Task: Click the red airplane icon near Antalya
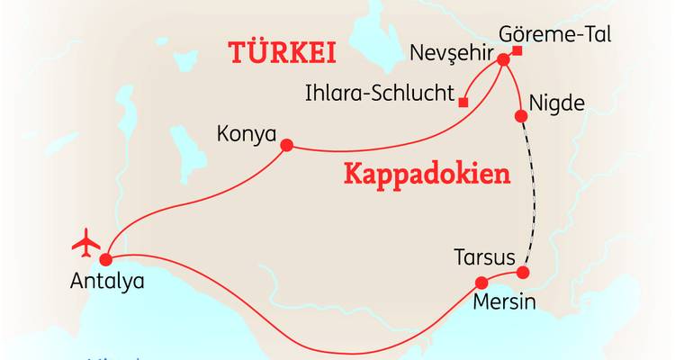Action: [87, 241]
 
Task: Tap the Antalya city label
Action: [106, 281]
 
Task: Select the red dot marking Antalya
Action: [105, 259]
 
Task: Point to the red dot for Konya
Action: [287, 145]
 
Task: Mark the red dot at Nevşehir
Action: [502, 60]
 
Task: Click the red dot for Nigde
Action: [520, 115]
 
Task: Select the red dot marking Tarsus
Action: [522, 272]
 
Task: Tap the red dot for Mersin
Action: [481, 282]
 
